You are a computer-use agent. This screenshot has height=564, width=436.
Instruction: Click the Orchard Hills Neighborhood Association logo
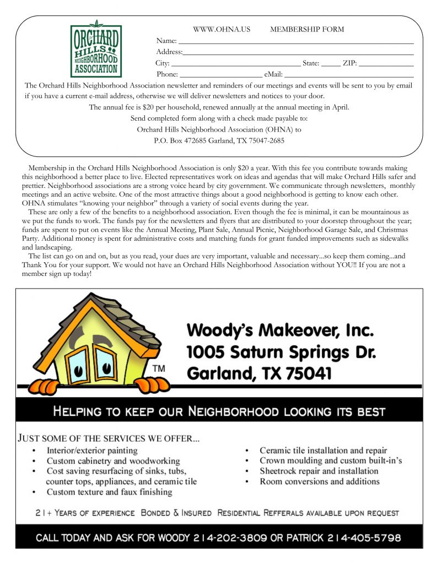tap(95, 50)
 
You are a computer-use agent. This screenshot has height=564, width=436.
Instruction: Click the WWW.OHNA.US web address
tap(222, 29)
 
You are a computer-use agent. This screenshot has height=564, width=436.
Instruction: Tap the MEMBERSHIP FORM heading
tap(306, 29)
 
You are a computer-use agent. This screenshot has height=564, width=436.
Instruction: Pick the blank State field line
tap(331, 64)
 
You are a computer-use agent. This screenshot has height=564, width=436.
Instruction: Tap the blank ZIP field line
tap(386, 64)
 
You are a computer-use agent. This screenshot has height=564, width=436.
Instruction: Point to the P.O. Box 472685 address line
tap(219, 140)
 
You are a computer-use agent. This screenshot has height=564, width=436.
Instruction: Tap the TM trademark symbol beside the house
tap(158, 367)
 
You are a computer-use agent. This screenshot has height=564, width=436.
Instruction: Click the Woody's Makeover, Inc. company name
tap(280, 331)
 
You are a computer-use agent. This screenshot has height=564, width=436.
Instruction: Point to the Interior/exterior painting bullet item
tap(91, 450)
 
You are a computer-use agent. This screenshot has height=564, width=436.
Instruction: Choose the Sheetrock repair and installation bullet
tap(319, 471)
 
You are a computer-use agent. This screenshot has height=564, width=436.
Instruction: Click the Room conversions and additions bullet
tap(319, 481)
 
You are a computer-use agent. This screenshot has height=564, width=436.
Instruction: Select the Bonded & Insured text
tap(176, 513)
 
